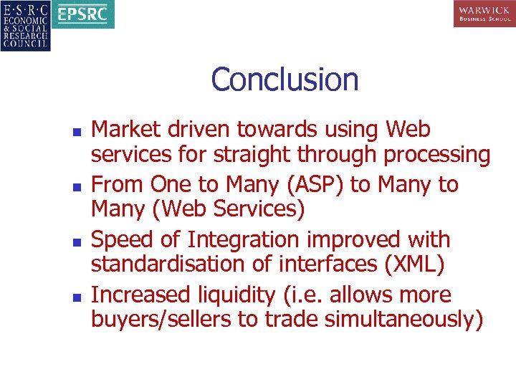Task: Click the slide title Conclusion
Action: [285, 80]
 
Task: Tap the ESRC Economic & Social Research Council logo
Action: [26, 26]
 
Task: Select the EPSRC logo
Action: [85, 15]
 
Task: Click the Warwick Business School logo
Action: [484, 14]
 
